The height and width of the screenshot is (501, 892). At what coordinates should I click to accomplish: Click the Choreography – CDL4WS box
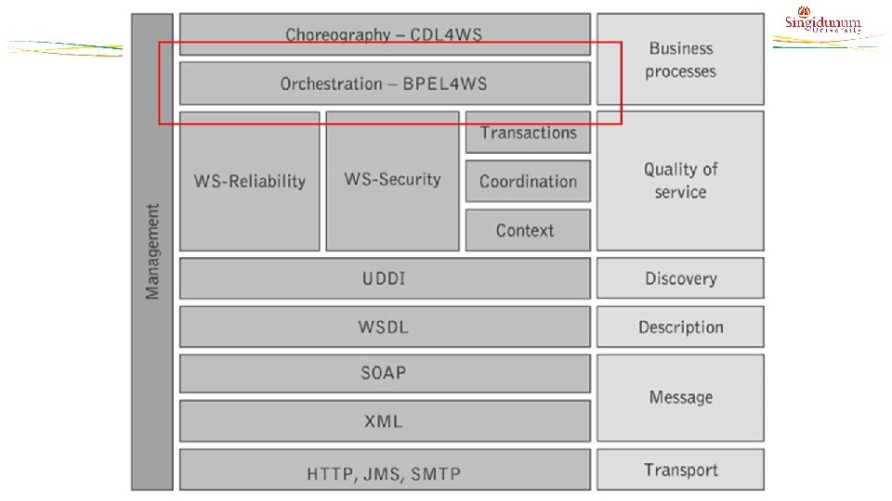(384, 34)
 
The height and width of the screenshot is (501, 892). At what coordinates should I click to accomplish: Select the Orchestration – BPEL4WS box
(384, 83)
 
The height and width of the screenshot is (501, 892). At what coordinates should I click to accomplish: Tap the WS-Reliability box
(249, 181)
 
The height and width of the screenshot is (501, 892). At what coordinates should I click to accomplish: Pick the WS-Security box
(392, 181)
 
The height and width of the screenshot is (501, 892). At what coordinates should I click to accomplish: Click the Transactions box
(528, 133)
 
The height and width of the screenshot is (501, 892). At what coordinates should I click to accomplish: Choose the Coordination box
(528, 181)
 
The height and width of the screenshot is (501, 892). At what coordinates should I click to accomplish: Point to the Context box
(528, 230)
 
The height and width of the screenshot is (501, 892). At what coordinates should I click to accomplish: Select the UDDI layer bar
(384, 278)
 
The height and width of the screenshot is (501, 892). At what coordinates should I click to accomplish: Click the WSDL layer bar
(384, 327)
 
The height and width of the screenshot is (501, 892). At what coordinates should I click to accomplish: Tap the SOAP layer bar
(384, 373)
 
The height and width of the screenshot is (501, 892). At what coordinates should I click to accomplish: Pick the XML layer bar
(384, 421)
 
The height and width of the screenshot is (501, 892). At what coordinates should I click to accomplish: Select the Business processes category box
(680, 59)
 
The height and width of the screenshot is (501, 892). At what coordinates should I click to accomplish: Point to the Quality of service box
(680, 181)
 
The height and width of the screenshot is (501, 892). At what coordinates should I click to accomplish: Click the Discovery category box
(680, 278)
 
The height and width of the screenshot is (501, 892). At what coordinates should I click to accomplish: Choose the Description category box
(680, 327)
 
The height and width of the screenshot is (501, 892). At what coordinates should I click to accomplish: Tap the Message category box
(680, 397)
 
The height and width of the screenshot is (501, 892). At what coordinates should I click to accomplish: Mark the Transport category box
(680, 469)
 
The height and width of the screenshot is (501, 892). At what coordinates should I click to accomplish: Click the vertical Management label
(152, 251)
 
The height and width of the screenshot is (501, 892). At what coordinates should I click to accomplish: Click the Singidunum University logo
(822, 24)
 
